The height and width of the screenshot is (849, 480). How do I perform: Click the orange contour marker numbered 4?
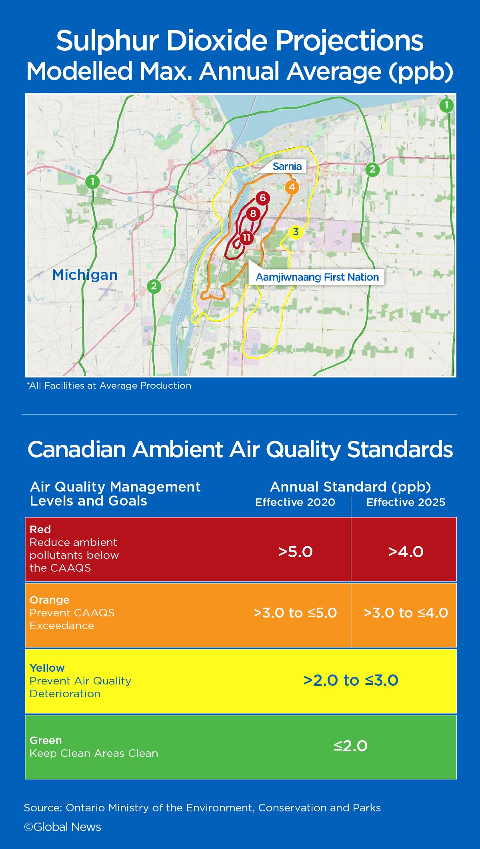point(292,187)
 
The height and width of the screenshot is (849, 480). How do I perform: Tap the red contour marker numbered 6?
point(262,198)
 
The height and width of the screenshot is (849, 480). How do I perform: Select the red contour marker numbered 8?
point(253,214)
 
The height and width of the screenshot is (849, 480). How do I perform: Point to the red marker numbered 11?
point(246,238)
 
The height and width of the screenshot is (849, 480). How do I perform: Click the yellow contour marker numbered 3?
point(296,232)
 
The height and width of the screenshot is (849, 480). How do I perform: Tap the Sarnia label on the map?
point(287,166)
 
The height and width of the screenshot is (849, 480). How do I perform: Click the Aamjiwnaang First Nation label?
point(317,277)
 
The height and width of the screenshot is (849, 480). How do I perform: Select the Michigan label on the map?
point(85,275)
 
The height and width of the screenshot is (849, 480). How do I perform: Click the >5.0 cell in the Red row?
point(296,552)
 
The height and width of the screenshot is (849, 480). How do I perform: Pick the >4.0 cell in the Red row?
point(406,552)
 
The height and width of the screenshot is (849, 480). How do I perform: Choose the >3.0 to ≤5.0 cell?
point(296,613)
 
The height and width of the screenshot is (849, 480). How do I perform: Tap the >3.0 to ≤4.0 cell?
point(406,613)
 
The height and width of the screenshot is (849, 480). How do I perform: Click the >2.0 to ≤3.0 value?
point(351,680)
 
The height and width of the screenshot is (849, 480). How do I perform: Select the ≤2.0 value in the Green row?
point(351,746)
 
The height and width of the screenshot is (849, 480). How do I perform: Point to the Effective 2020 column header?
point(295,502)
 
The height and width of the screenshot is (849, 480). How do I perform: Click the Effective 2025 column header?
point(406,502)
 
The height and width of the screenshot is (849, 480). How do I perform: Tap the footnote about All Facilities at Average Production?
point(109,385)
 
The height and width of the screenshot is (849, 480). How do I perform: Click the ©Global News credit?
point(62,827)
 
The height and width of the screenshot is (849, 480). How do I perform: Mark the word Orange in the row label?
point(50,600)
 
